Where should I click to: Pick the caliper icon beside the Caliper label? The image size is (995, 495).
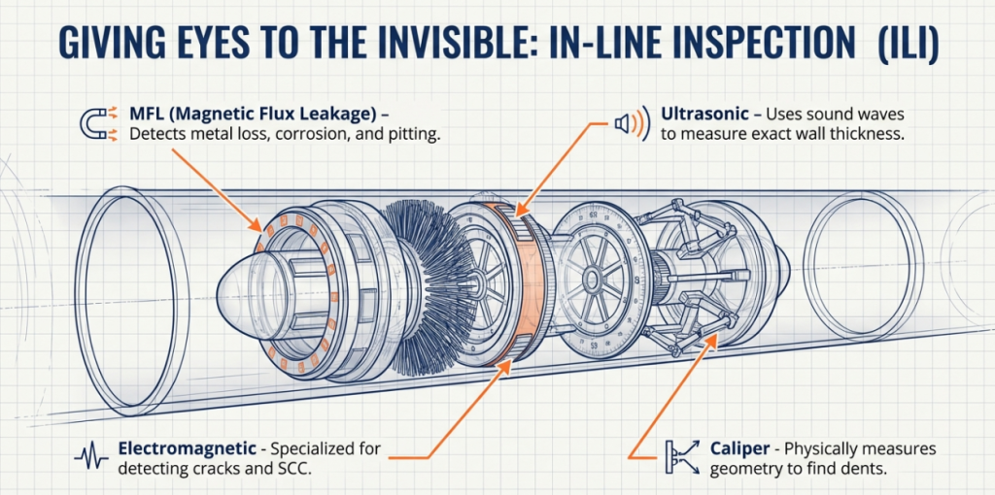pos(681,456)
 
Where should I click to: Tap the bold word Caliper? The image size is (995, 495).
pos(744,448)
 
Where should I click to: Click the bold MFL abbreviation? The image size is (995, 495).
pos(149,115)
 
